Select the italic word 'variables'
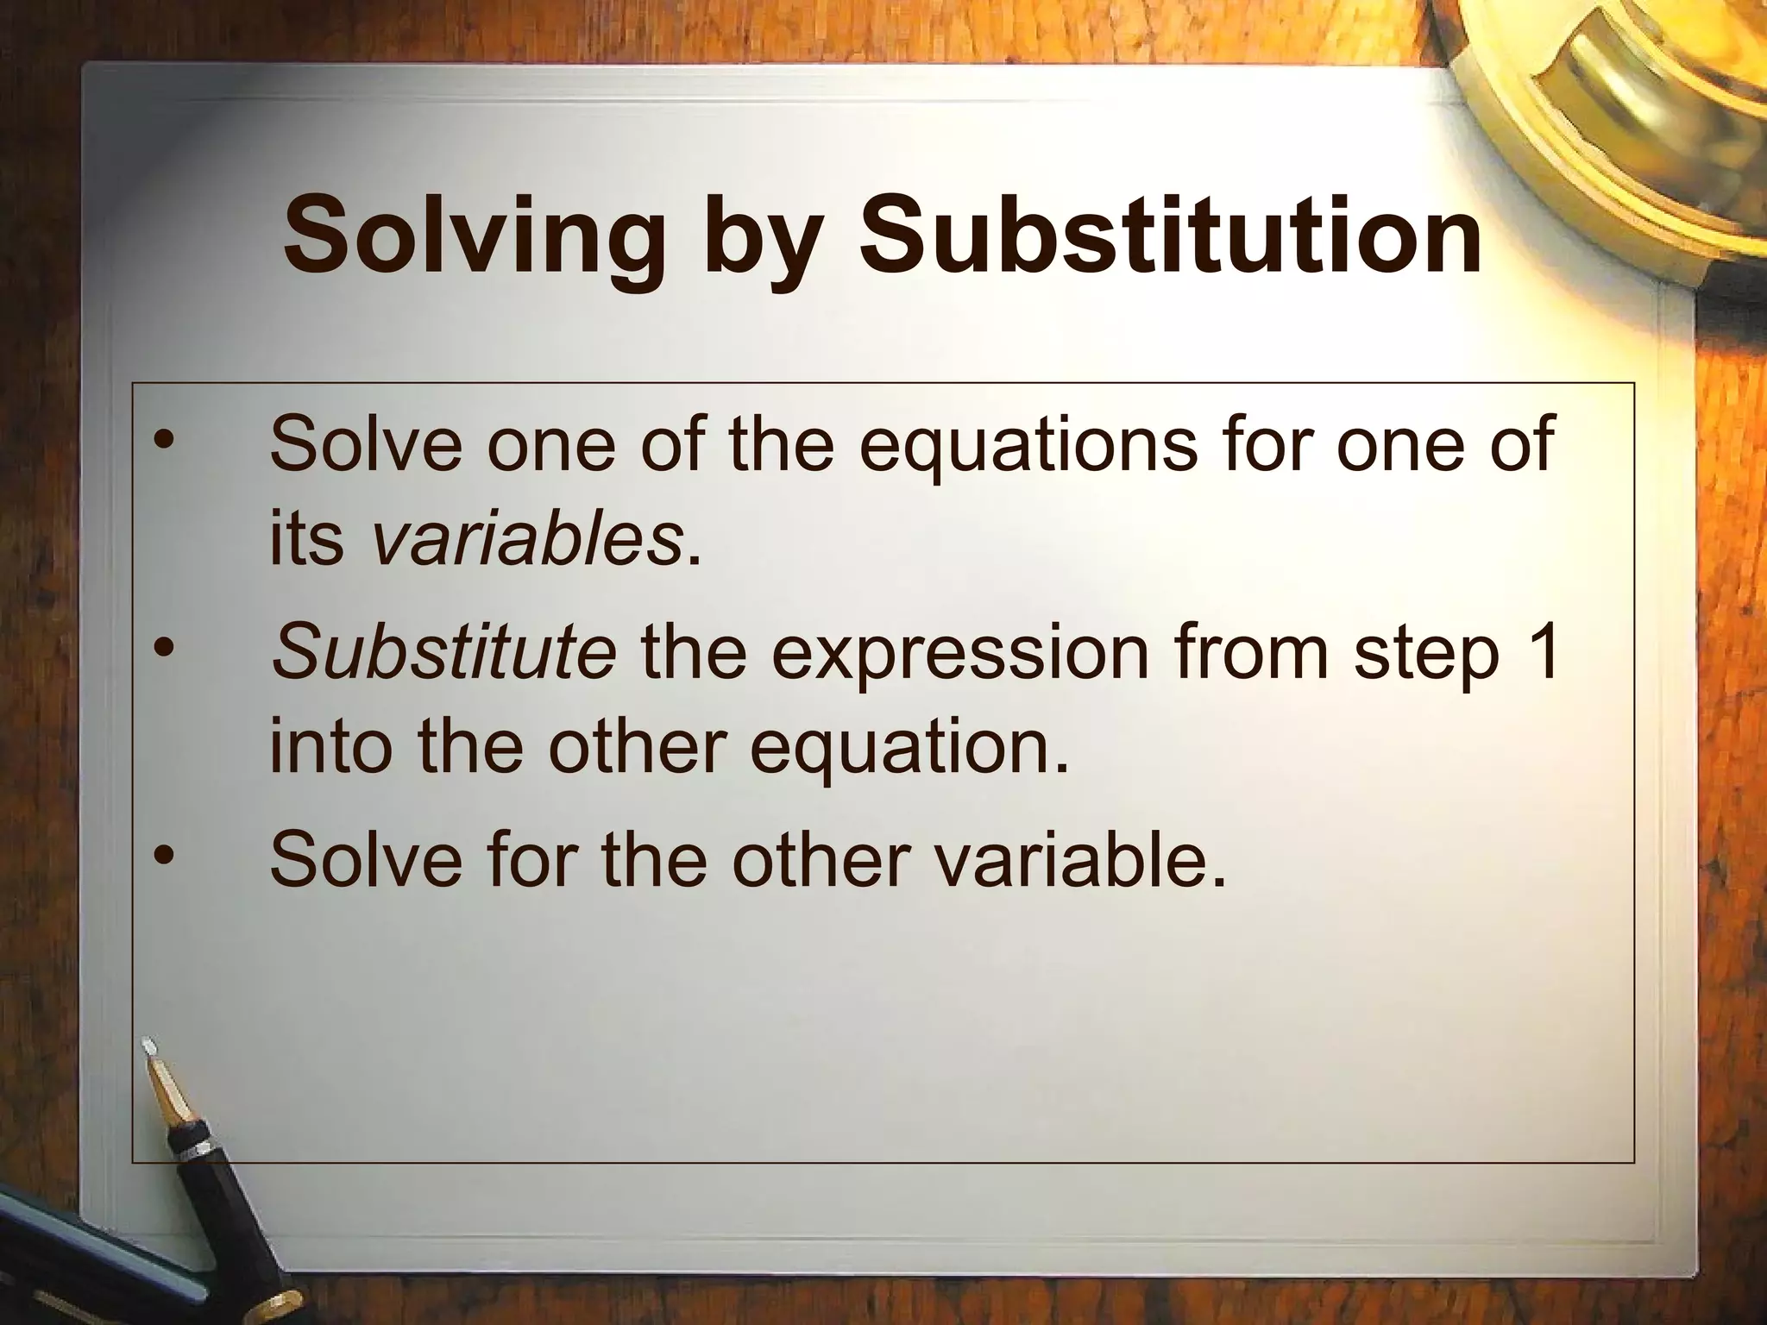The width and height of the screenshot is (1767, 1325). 527,540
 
